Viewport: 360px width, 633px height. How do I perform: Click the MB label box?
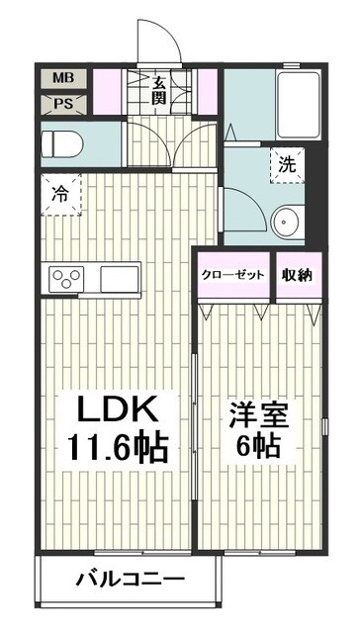(61, 78)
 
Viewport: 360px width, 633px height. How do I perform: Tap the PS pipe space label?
(61, 103)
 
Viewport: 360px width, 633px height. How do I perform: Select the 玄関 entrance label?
(158, 88)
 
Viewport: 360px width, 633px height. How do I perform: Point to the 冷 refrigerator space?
(61, 194)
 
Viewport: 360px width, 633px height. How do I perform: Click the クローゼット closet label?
(233, 275)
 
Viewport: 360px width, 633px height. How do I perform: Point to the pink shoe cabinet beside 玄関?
(208, 94)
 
